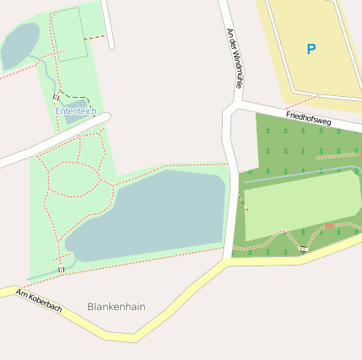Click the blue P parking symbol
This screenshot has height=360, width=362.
click(311, 50)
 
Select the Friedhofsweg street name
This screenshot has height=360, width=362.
click(309, 118)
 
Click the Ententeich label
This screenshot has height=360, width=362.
click(76, 111)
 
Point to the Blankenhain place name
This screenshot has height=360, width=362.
click(116, 307)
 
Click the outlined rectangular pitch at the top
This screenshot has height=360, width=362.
click(71, 34)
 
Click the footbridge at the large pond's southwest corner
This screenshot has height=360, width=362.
click(61, 269)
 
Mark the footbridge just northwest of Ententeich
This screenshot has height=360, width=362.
click(56, 96)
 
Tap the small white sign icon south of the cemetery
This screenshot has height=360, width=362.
click(302, 248)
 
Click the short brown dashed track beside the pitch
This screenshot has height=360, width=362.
click(97, 38)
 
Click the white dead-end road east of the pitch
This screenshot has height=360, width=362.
click(108, 25)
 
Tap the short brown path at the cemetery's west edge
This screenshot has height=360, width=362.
click(244, 203)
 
